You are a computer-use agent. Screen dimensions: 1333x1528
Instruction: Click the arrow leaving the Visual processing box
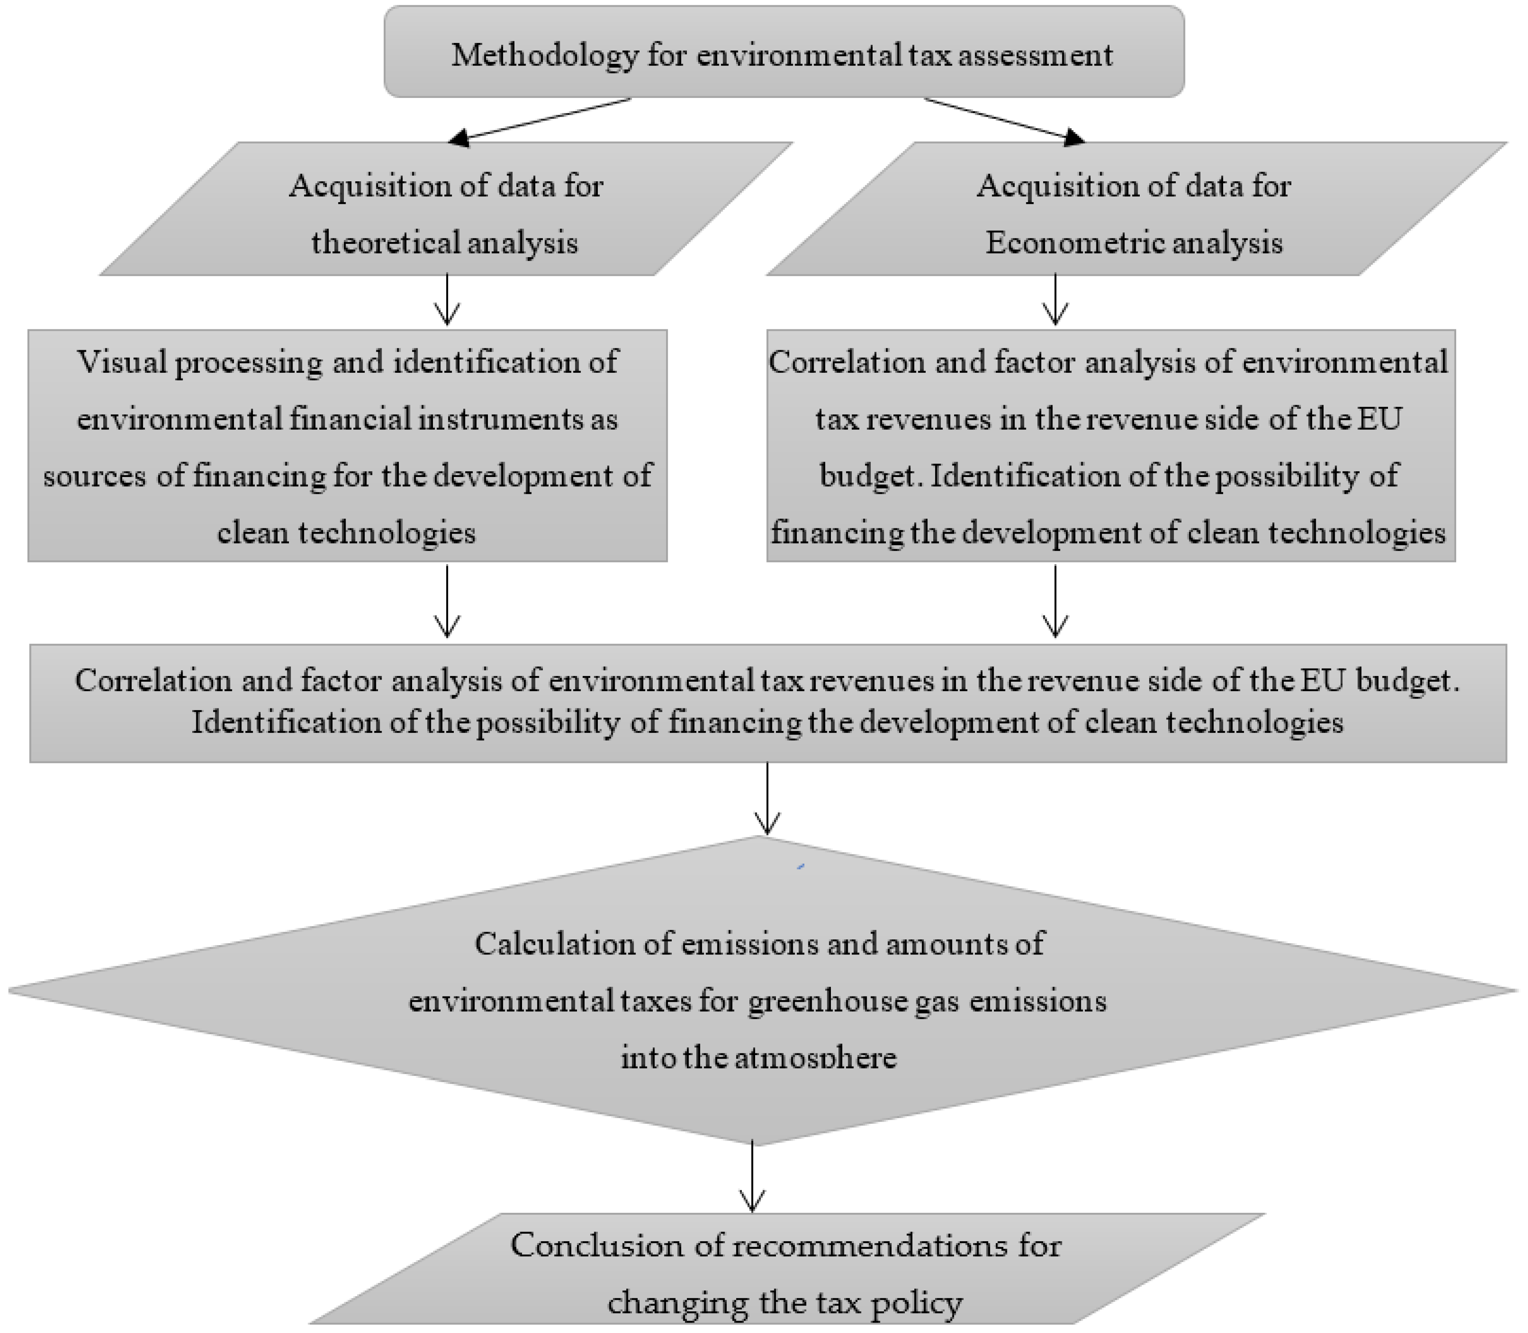(447, 601)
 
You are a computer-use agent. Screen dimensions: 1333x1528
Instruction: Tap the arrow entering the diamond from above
(768, 798)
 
